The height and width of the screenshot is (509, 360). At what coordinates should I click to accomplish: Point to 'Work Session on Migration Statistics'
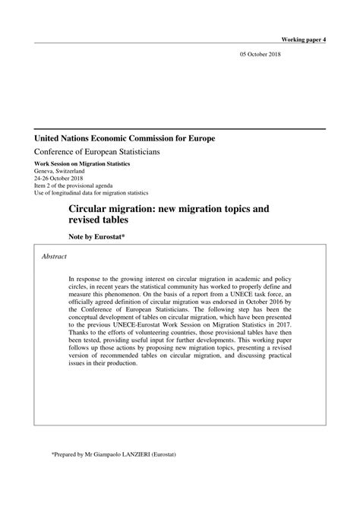pyautogui.click(x=82, y=164)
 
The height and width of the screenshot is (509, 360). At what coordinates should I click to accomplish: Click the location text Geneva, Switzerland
pyautogui.click(x=64, y=172)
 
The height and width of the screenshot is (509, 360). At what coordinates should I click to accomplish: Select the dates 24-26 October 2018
pyautogui.click(x=62, y=179)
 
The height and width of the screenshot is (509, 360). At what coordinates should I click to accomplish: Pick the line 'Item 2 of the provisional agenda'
pyautogui.click(x=76, y=187)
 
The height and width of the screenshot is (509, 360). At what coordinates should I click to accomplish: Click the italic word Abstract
pyautogui.click(x=54, y=257)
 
